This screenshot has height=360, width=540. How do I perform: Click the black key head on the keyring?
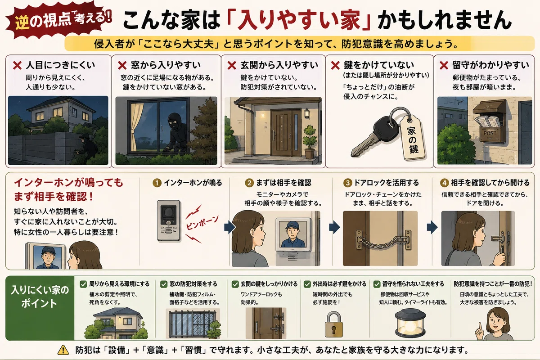[x=384, y=128]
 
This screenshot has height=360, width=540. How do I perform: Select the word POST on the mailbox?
[x=490, y=133]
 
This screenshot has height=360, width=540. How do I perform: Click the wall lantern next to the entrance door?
[x=307, y=113]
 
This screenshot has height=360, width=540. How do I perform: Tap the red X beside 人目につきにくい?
[x=18, y=65]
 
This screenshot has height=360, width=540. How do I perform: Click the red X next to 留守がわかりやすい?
[x=444, y=65]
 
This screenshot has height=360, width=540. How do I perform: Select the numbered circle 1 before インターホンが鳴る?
[x=157, y=183]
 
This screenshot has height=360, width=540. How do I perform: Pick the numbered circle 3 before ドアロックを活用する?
[x=347, y=183]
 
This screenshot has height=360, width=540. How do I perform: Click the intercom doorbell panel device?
[x=169, y=220]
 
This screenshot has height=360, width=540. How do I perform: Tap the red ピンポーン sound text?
[x=202, y=223]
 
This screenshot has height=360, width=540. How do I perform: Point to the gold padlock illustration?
[x=333, y=324]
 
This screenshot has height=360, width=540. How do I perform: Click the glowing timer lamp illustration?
[x=410, y=324]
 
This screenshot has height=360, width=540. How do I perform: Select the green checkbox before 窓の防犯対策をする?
[x=164, y=284]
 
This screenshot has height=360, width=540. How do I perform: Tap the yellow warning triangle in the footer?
[x=63, y=350]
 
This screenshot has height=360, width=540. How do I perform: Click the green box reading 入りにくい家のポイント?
[x=40, y=308]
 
